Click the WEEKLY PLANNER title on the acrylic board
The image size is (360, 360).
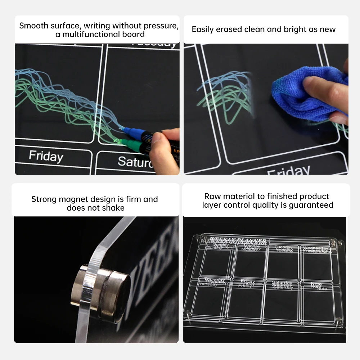point(238,240)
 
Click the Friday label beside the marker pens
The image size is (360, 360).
point(46,156)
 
